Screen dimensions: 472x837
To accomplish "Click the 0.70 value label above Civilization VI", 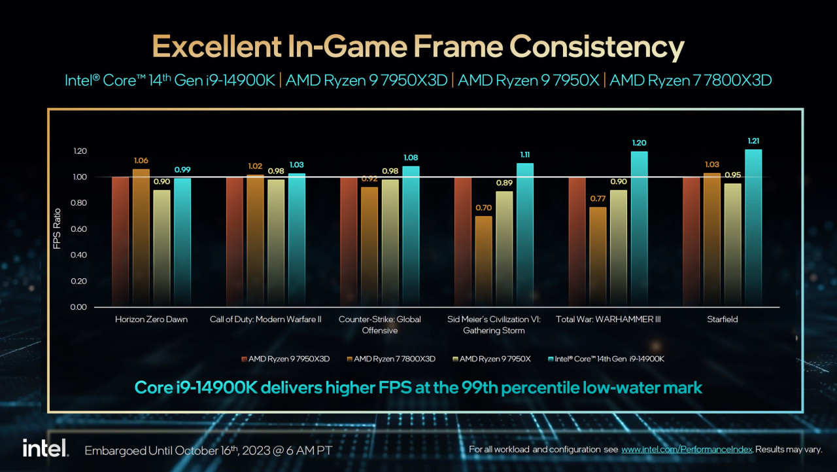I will point(483,208).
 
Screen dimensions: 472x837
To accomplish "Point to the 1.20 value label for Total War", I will point(639,143).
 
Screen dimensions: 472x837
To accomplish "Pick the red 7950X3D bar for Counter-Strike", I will point(349,242).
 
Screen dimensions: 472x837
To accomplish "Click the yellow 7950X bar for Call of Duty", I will point(276,243).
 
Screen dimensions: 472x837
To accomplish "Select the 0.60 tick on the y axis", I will point(78,229).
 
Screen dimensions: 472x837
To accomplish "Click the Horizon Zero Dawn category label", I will point(151,319).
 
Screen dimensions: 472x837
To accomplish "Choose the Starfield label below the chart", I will point(722,319).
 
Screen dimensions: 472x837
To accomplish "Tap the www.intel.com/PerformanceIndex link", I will point(687,450).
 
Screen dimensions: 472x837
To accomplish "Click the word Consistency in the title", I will point(596,47).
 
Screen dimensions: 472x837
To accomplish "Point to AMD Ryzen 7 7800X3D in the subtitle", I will point(691,81).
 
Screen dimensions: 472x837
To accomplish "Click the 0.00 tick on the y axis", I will point(78,307).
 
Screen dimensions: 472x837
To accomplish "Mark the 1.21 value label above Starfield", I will point(753,141).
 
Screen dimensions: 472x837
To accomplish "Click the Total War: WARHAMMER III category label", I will point(608,319).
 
